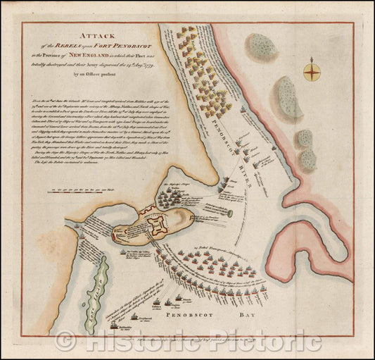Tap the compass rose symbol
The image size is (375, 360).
coord(310,70)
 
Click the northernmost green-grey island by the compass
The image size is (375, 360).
coord(262,46)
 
